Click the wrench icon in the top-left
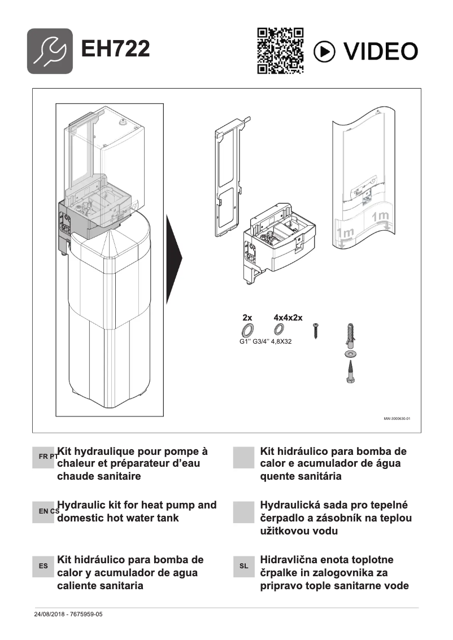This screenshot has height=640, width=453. [x=50, y=51]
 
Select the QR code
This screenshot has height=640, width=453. [x=280, y=51]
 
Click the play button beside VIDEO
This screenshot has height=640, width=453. [x=324, y=51]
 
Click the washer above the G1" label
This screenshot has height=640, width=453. [x=247, y=330]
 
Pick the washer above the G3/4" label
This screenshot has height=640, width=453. [x=278, y=330]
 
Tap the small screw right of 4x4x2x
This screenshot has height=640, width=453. [x=317, y=330]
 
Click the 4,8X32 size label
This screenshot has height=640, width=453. [x=285, y=341]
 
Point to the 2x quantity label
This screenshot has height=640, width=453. [x=247, y=318]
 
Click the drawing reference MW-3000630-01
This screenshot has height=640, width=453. [x=397, y=419]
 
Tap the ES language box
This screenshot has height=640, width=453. [x=43, y=566]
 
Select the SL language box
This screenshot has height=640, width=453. [x=244, y=566]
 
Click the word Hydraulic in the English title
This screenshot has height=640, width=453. [x=81, y=505]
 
